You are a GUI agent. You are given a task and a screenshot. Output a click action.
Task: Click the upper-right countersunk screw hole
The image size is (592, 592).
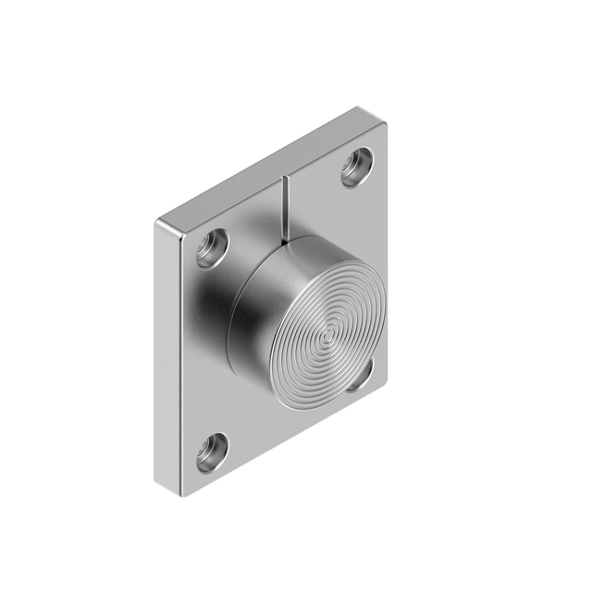tap(356, 167)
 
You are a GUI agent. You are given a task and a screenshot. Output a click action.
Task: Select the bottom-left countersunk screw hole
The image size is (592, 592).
tap(212, 451)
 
